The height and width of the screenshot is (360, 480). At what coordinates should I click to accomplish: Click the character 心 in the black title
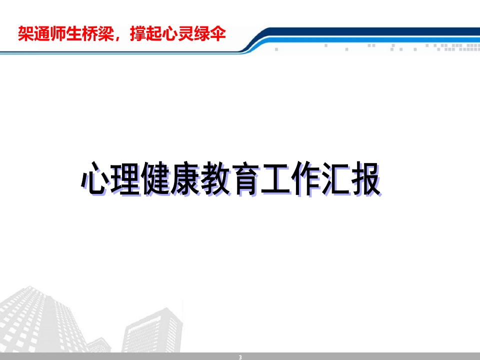click(95, 178)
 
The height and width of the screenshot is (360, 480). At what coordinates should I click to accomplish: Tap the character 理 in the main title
click(125, 178)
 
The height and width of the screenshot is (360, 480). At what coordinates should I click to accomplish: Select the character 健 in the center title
click(155, 178)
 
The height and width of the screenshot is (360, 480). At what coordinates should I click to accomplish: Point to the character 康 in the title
click(185, 178)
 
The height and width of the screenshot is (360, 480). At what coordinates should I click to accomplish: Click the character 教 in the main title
click(215, 178)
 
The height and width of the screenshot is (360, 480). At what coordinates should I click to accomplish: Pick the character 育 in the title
click(245, 178)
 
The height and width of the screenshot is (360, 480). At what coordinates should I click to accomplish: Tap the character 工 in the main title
click(275, 178)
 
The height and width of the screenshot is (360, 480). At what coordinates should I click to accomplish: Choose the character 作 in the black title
click(305, 178)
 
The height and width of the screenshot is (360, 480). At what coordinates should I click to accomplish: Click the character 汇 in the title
click(335, 178)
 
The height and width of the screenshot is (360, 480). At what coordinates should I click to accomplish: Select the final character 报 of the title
click(365, 178)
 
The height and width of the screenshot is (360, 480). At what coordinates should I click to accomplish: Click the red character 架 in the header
click(25, 33)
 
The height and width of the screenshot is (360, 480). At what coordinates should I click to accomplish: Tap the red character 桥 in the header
click(89, 33)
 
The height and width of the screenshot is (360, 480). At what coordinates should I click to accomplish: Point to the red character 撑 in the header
click(138, 33)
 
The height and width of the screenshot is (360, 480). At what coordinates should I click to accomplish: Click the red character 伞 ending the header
click(217, 33)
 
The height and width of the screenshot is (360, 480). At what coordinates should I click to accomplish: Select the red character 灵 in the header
click(186, 33)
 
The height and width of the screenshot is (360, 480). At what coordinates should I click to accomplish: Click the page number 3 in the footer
click(240, 357)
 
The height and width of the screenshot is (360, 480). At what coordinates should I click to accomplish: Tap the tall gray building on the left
click(36, 321)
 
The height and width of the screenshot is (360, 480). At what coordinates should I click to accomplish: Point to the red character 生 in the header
click(74, 33)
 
